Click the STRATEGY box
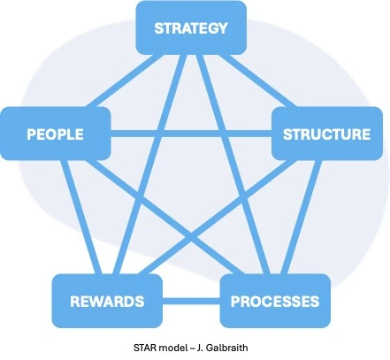pos(191,27)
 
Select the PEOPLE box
pos(56,134)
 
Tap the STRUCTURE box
pos(327,134)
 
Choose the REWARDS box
pos(107,301)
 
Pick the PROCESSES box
pos(275,301)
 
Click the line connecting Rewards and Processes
pos(191,301)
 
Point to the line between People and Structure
pos(191,134)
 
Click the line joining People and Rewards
pos(82,217)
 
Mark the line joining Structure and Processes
pos(300,217)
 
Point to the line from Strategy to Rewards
pos(150,165)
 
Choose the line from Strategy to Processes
pos(233,165)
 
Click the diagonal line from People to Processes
pos(167,217)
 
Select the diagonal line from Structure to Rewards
pos(214,217)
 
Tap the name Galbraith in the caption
pos(226,348)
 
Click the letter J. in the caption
pos(200,348)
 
